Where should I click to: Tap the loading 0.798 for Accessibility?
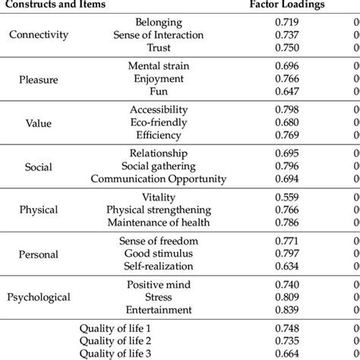click(287, 109)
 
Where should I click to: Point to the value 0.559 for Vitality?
click(287, 197)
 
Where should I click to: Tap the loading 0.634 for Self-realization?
click(287, 266)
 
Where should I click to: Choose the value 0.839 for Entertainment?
click(287, 310)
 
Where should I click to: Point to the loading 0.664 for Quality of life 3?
click(287, 353)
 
